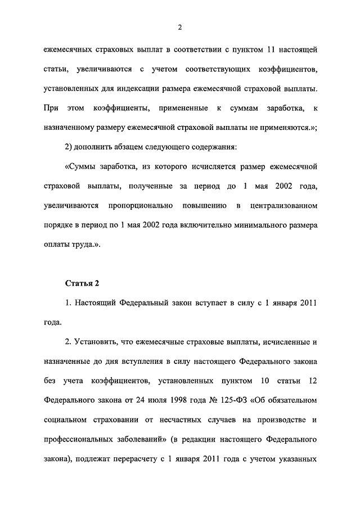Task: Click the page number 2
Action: click(x=180, y=26)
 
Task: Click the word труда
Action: click(x=87, y=244)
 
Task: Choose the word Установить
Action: click(x=102, y=341)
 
